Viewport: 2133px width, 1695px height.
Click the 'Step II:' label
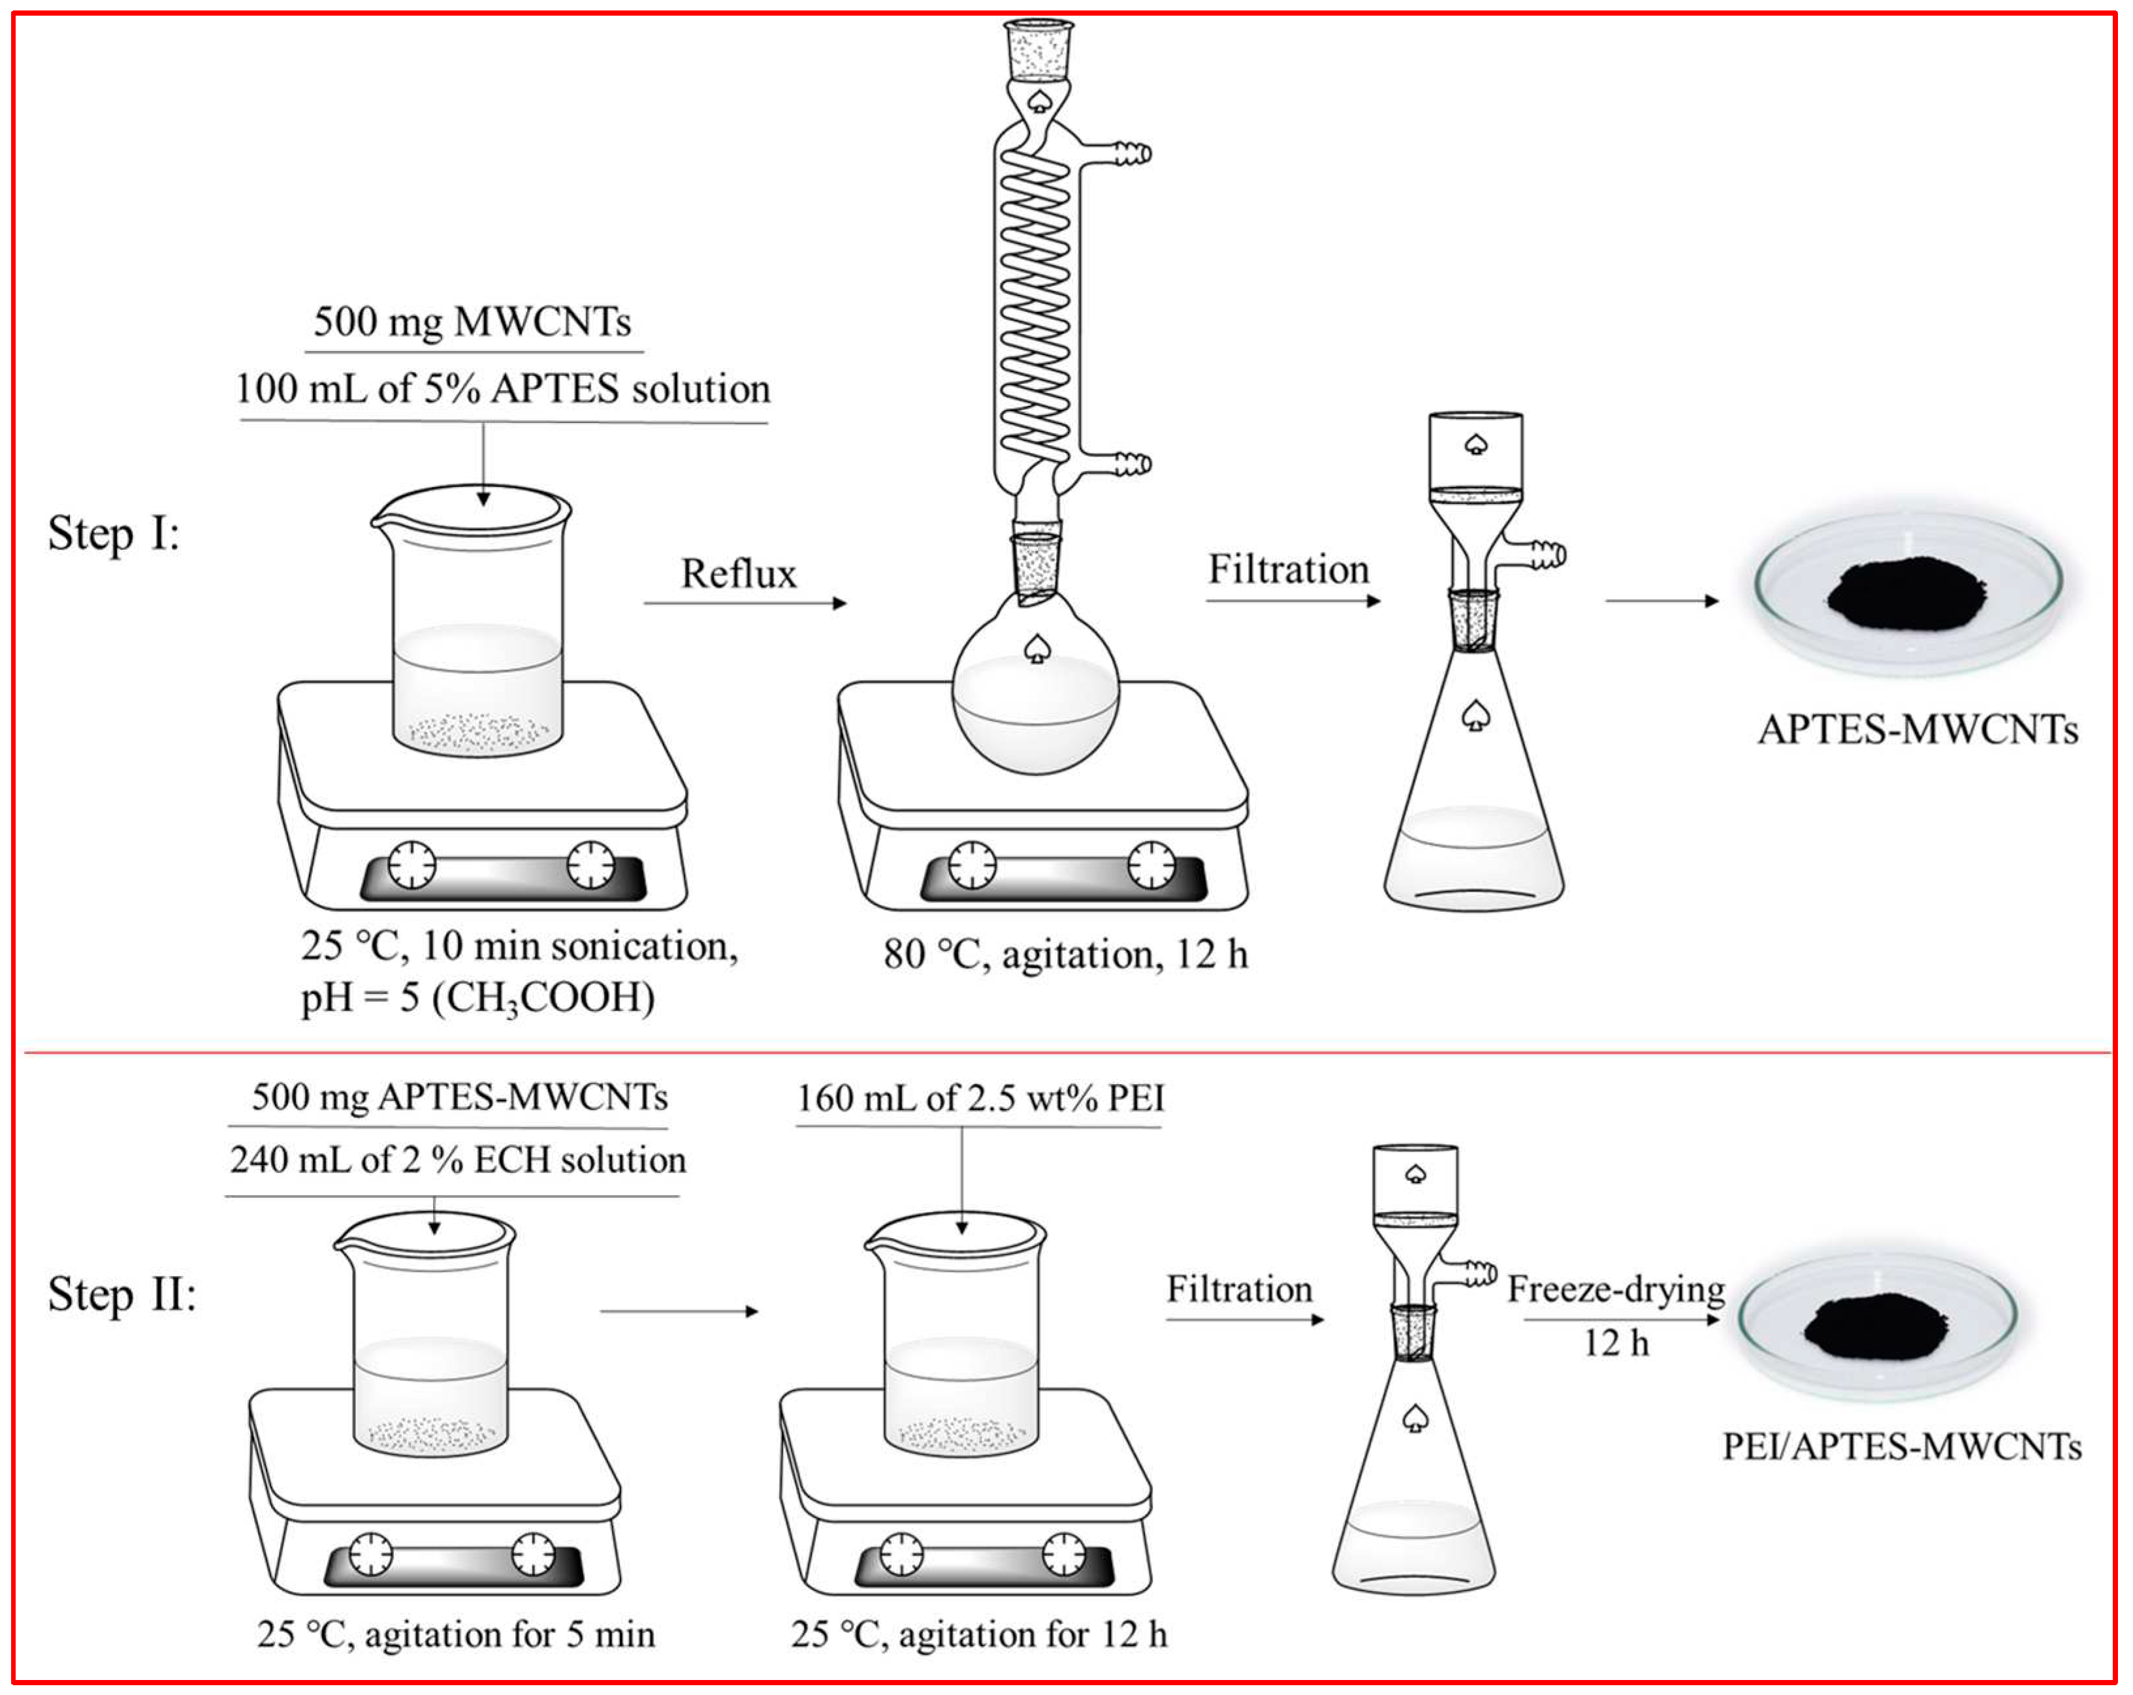coord(121,1294)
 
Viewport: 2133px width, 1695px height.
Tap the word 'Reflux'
coord(738,574)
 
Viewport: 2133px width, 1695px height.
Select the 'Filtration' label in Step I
coord(1288,570)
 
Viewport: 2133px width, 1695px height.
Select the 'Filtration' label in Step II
coord(1239,1290)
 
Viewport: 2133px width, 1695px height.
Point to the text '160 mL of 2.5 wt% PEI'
coord(980,1098)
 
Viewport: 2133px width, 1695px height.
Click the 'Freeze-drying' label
coord(1616,1290)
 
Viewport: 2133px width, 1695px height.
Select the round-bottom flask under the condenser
coord(1035,692)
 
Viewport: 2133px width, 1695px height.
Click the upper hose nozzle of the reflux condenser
coord(1132,154)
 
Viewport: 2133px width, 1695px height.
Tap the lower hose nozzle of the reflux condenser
coord(1132,463)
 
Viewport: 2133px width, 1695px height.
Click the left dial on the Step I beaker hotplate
coord(411,865)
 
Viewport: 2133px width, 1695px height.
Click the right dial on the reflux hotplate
coord(1151,865)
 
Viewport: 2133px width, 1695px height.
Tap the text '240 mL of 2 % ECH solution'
coord(457,1160)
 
